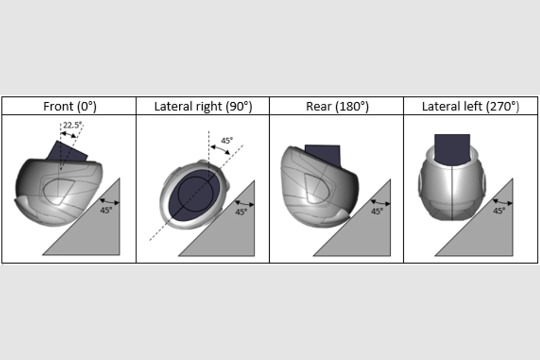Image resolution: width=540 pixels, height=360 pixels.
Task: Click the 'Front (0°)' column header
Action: point(70,106)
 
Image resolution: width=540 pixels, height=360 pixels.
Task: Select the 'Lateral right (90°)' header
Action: point(203,106)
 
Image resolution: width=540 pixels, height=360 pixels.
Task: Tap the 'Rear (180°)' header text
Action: point(337,106)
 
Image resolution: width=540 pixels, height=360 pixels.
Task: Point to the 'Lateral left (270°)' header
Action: point(470,106)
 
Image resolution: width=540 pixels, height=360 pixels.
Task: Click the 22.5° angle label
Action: point(73,125)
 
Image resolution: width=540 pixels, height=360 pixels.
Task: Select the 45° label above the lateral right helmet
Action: point(227,141)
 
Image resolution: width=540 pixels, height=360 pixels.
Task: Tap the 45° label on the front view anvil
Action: point(106,210)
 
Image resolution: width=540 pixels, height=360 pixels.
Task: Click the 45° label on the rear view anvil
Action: point(377,211)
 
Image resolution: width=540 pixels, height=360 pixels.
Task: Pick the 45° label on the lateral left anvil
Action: point(499,210)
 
